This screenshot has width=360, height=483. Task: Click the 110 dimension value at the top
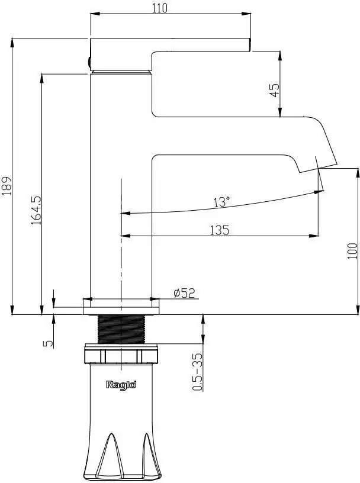159,8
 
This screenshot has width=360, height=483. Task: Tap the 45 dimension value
274,92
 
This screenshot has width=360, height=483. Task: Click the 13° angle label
221,202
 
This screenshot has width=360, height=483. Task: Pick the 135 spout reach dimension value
219,230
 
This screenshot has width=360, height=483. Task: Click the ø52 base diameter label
184,292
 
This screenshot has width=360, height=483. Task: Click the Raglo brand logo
121,385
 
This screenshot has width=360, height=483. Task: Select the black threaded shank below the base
121,329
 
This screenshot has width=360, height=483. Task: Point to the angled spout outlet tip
319,166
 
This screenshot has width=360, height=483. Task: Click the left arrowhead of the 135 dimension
124,236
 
